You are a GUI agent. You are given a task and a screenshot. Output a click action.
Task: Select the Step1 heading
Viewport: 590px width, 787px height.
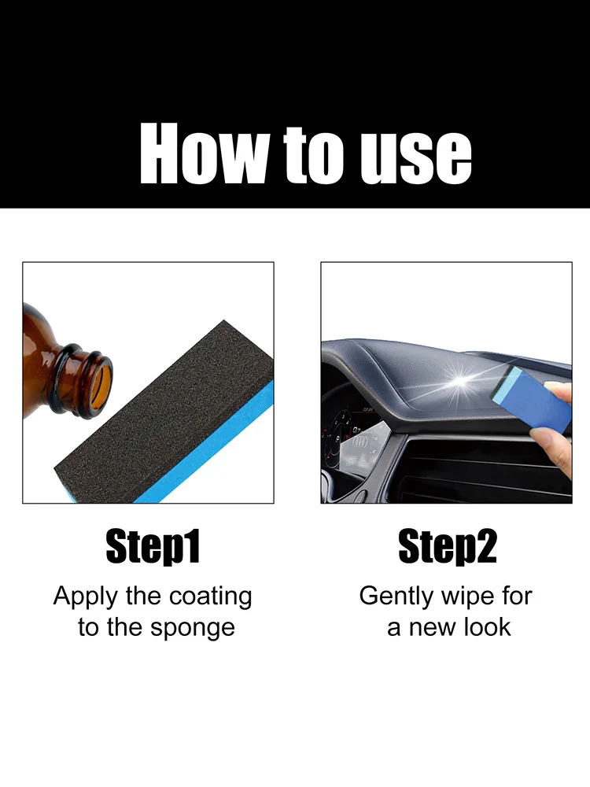tap(153, 547)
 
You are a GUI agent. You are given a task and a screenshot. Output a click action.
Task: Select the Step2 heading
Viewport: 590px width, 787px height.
tap(448, 547)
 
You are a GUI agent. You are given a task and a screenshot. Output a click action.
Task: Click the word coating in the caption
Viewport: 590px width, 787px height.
tap(210, 597)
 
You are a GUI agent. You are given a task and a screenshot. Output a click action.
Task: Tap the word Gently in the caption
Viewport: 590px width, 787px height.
tap(396, 597)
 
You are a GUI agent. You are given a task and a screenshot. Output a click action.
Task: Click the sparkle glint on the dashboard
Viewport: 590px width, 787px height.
tap(459, 385)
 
